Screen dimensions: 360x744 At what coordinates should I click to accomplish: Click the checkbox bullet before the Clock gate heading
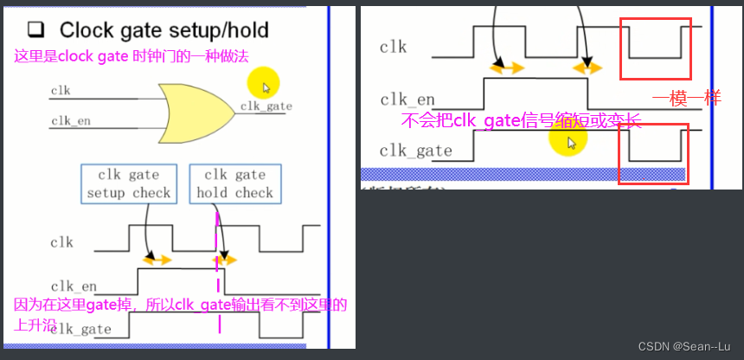[36, 31]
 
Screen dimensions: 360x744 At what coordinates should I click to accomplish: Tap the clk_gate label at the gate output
[266, 106]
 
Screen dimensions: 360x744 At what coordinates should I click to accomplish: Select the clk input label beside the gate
[61, 90]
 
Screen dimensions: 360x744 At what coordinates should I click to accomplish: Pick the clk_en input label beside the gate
[70, 121]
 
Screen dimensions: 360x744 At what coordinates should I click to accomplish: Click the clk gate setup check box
[129, 183]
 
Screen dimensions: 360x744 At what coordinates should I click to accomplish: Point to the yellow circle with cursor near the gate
[262, 85]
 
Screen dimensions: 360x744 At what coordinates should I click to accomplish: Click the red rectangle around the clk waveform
[654, 49]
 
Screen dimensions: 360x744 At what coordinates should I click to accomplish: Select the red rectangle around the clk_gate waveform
[653, 153]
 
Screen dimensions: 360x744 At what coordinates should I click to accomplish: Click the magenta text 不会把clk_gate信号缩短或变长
[521, 120]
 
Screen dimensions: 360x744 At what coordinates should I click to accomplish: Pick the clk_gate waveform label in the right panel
[415, 151]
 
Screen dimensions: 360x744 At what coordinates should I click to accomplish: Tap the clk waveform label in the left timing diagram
[61, 243]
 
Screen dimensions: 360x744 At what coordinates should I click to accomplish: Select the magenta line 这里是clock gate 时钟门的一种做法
[130, 56]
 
